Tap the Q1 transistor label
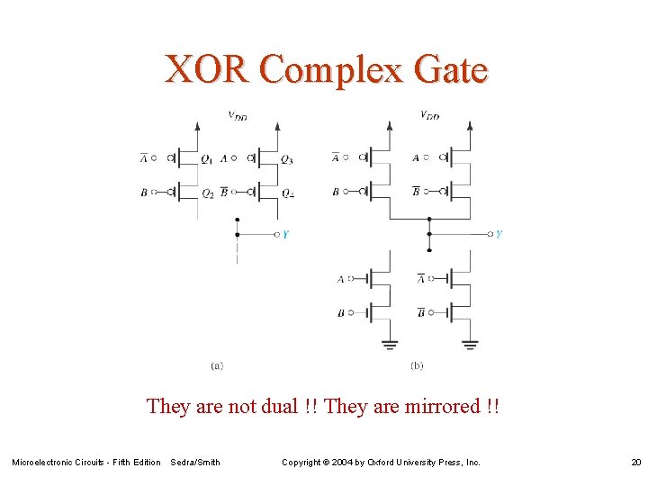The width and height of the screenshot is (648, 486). tap(207, 159)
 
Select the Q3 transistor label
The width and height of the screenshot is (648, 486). tap(286, 159)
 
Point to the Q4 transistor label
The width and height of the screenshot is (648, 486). tap(287, 193)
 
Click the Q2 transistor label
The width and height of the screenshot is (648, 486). tap(207, 193)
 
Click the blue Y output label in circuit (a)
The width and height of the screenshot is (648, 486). tap(285, 234)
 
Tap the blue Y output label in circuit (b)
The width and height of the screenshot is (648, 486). tap(499, 234)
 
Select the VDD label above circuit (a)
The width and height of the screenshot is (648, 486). tap(238, 115)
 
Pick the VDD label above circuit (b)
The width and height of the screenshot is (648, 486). tap(430, 115)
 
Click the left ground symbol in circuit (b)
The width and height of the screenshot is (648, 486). tap(390, 343)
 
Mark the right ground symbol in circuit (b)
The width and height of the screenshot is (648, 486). tap(469, 343)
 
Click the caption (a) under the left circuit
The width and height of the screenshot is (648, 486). tap(217, 365)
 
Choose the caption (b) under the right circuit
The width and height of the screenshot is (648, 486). tap(417, 365)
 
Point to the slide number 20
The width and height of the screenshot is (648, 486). tap(635, 463)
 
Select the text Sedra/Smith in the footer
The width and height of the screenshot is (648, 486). tap(195, 463)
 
